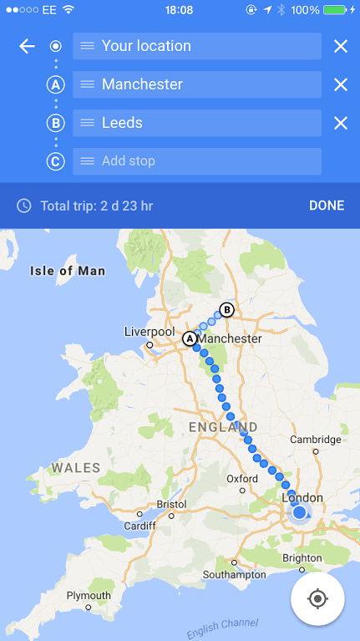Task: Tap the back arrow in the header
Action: click(x=27, y=46)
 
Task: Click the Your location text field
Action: click(x=197, y=46)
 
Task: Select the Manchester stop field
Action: click(x=197, y=84)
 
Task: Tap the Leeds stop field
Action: click(x=197, y=123)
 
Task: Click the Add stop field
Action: click(x=197, y=161)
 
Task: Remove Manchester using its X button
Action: click(x=341, y=84)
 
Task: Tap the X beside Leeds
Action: click(x=341, y=123)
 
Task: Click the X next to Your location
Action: click(x=341, y=46)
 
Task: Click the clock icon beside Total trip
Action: click(x=24, y=206)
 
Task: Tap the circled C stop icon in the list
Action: click(x=56, y=161)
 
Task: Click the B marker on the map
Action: click(x=226, y=310)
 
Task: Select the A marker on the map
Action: click(x=190, y=338)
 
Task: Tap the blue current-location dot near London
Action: click(x=299, y=512)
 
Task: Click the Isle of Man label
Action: click(x=68, y=271)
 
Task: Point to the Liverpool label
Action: click(x=149, y=331)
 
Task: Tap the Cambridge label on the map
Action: click(x=315, y=440)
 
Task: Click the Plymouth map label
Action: click(x=89, y=596)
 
